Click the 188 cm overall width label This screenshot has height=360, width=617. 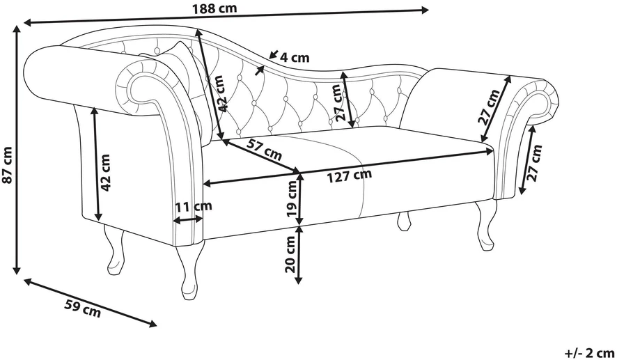[214, 8]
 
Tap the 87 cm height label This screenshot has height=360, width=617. [7, 164]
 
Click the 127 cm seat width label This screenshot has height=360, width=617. [350, 175]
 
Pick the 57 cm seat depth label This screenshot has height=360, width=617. [264, 149]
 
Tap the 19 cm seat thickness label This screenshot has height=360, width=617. [292, 199]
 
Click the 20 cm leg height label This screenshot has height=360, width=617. [290, 254]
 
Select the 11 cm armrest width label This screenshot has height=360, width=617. [193, 206]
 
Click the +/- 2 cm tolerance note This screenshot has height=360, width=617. [590, 352]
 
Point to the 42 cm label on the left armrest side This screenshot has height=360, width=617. [105, 173]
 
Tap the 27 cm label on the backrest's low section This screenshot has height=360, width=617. [336, 102]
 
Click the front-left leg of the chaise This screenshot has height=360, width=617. [189, 272]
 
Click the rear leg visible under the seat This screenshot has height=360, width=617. [404, 221]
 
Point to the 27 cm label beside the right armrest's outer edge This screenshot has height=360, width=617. [534, 162]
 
